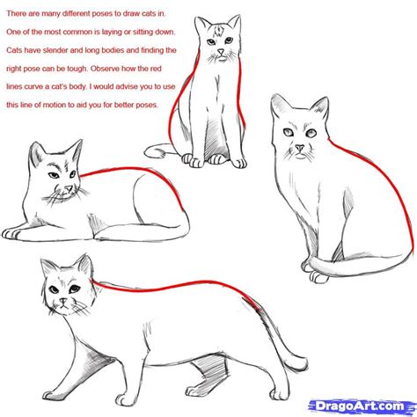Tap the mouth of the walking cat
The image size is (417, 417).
pos(64,309)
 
